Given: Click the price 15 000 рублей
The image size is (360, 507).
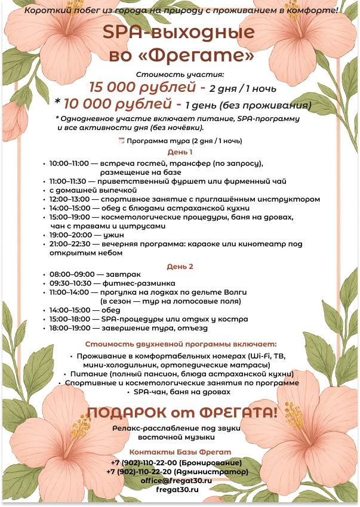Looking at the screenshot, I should [143, 87].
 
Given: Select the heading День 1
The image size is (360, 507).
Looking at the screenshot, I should [180, 152].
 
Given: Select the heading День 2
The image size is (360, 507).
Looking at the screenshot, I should [180, 266].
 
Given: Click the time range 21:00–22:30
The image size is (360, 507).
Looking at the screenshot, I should [70, 244].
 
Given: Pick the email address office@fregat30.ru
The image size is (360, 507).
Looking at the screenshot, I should [176, 480].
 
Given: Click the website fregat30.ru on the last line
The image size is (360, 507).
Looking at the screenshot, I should [176, 489].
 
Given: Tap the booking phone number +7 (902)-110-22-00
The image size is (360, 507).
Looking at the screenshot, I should [143, 463].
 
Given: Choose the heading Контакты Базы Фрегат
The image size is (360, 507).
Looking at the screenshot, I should [180, 452].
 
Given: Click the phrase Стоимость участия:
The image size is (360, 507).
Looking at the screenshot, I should [180, 75].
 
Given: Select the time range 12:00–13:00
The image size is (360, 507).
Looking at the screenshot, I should [70, 199].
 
